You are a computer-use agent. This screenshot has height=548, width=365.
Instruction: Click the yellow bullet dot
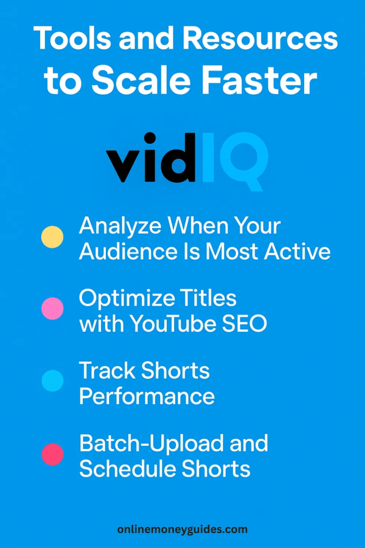click(x=52, y=237)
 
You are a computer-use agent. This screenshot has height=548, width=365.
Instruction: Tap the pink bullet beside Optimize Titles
click(x=52, y=309)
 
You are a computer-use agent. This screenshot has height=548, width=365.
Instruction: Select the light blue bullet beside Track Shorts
click(x=52, y=381)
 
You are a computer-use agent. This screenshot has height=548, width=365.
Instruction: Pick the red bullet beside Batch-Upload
click(x=52, y=454)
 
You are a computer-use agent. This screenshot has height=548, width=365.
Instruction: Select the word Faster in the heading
click(x=261, y=81)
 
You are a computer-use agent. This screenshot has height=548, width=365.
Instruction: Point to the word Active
click(x=297, y=252)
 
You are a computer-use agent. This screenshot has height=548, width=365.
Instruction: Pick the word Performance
click(x=147, y=397)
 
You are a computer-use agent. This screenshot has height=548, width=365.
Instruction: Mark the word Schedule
click(x=122, y=469)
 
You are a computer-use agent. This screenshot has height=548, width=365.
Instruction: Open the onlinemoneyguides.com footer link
click(x=183, y=529)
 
